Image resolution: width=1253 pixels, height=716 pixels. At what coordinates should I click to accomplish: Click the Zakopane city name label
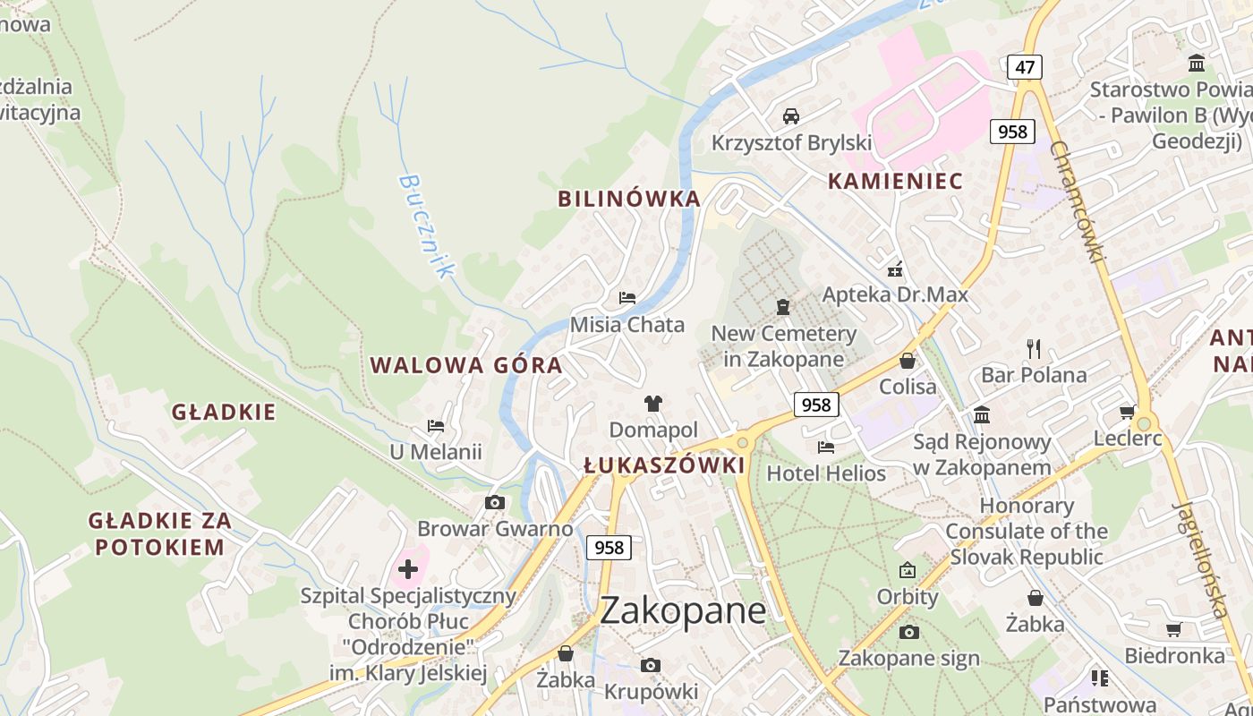point(683,611)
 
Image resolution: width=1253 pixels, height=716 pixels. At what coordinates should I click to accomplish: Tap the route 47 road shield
point(1025,67)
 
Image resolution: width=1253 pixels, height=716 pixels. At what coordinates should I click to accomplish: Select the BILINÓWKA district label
point(629,199)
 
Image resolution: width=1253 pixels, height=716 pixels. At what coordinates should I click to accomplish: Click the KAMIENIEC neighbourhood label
point(895,181)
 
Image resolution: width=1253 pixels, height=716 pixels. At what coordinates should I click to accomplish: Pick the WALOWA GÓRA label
point(466,365)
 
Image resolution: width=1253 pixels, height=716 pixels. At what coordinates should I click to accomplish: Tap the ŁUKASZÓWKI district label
point(664,465)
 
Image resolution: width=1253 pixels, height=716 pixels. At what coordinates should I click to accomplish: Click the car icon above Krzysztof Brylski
point(791,116)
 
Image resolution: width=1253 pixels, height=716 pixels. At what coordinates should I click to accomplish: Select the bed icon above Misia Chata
point(627,297)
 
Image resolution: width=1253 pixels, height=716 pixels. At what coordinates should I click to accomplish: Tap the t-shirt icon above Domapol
point(653,404)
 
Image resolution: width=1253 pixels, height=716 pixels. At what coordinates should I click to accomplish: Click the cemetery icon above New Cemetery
point(783,307)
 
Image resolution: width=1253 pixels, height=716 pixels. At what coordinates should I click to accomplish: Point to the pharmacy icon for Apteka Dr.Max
point(894,268)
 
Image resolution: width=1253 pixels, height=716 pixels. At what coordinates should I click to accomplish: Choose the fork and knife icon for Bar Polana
point(1034,348)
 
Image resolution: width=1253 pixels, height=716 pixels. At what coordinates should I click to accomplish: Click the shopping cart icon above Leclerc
point(1127,412)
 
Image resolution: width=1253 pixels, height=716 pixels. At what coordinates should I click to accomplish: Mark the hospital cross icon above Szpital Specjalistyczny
point(408,568)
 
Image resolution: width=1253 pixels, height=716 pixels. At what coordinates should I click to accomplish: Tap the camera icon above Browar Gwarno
point(495,502)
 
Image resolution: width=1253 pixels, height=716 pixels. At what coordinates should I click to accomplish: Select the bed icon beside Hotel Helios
point(826,447)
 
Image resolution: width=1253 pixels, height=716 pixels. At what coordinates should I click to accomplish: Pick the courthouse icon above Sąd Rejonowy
point(982,414)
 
